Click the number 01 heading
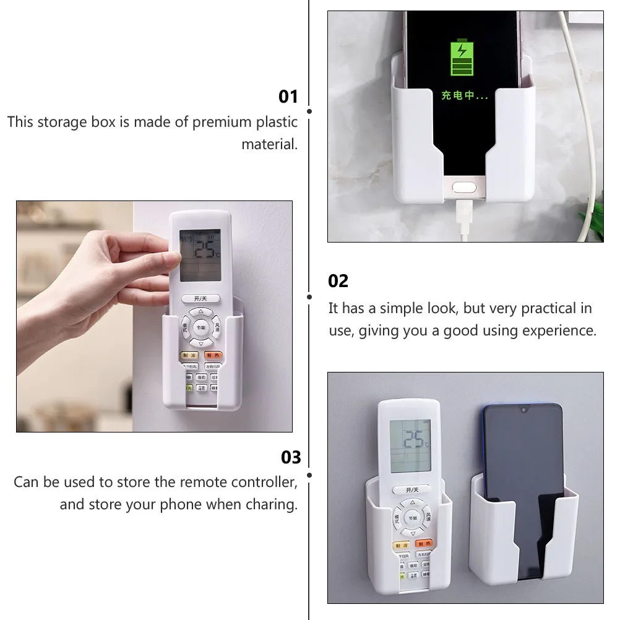point(288,97)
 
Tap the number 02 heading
point(338,281)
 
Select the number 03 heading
point(291,457)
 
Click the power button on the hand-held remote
point(199,298)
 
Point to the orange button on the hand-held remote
point(213,356)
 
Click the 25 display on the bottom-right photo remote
point(414,441)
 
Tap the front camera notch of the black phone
point(523,410)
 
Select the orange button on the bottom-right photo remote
point(423,543)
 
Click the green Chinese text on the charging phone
point(464,96)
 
